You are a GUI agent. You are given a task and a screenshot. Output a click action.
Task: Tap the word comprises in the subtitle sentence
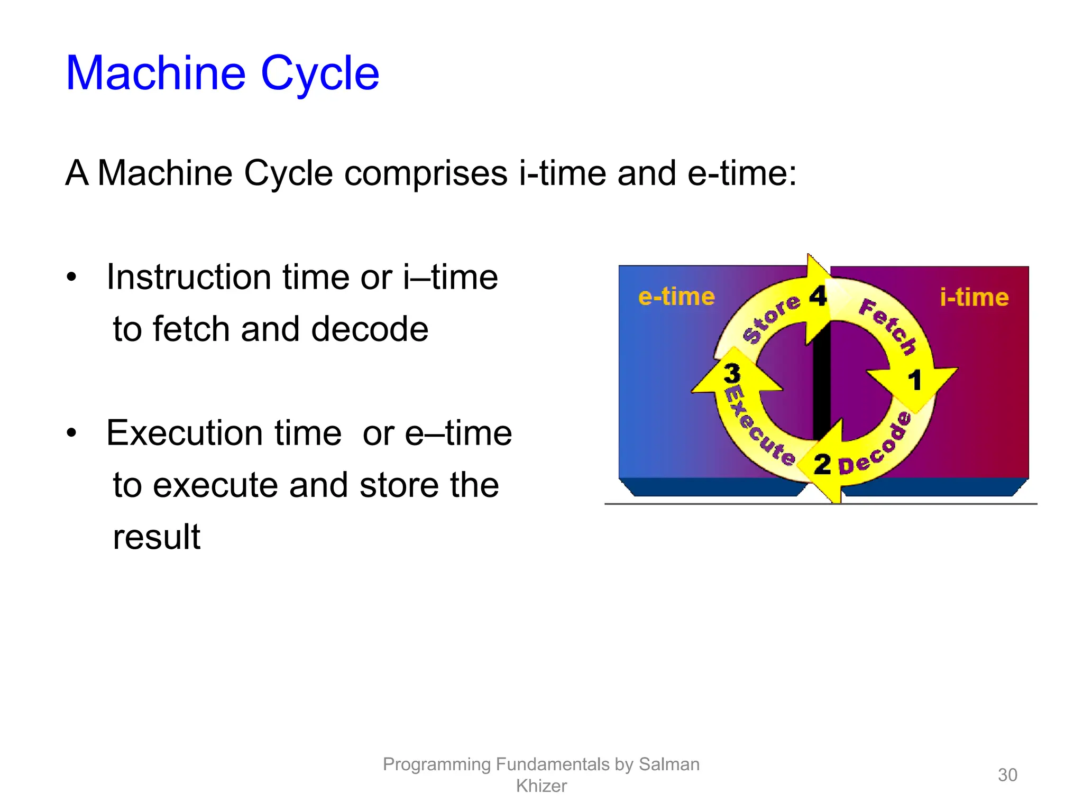426,173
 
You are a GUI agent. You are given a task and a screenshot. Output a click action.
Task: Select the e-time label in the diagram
676,297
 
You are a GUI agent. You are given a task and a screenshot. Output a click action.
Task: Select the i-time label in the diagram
974,297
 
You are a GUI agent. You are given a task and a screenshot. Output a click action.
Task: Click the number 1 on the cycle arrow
914,380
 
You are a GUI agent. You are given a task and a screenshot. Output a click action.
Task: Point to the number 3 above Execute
732,373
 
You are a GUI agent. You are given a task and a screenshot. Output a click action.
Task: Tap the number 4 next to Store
818,296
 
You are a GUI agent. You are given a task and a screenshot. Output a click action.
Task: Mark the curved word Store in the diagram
772,318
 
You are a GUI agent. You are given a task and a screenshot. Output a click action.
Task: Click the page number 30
1007,775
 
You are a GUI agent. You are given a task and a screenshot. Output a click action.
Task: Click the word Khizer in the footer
541,786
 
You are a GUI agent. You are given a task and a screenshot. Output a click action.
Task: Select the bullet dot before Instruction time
72,278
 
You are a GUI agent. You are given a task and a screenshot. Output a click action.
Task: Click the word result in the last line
157,537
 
